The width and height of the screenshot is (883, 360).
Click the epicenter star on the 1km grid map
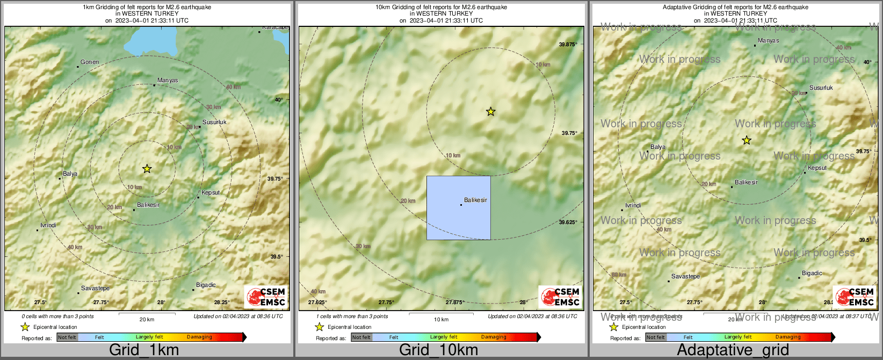click(x=147, y=169)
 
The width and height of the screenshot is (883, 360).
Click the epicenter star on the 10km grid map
click(x=490, y=112)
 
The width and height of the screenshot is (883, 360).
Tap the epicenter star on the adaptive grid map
click(x=746, y=140)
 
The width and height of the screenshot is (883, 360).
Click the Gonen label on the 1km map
click(x=90, y=62)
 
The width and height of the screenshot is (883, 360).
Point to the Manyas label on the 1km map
click(x=168, y=81)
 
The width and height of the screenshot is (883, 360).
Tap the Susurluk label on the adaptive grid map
click(x=821, y=88)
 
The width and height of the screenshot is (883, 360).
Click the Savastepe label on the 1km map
click(x=95, y=289)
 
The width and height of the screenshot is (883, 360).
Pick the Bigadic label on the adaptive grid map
click(x=812, y=273)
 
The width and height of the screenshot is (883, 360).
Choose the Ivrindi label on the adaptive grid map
click(x=633, y=206)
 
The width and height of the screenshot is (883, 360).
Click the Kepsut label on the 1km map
click(x=211, y=193)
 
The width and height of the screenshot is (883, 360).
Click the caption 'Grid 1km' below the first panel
click(x=144, y=350)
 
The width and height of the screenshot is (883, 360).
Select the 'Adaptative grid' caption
click(x=733, y=350)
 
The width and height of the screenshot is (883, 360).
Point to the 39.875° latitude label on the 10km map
click(x=568, y=45)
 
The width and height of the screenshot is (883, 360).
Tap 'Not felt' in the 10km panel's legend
click(x=361, y=337)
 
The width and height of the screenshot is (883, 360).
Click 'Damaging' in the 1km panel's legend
click(x=199, y=337)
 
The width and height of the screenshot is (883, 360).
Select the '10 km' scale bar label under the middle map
click(x=441, y=320)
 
